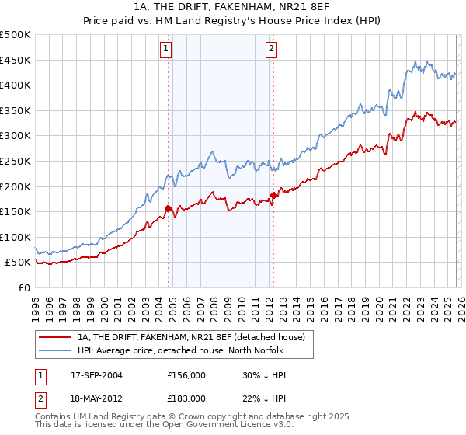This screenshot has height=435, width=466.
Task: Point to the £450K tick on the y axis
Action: coord(16,60)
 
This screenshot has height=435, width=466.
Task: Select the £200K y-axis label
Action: coord(16,186)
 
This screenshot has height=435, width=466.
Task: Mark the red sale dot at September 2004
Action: coord(168,208)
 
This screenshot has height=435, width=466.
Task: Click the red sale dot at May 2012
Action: coord(273,195)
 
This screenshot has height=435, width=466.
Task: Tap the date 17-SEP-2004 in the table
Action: coord(96,374)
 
